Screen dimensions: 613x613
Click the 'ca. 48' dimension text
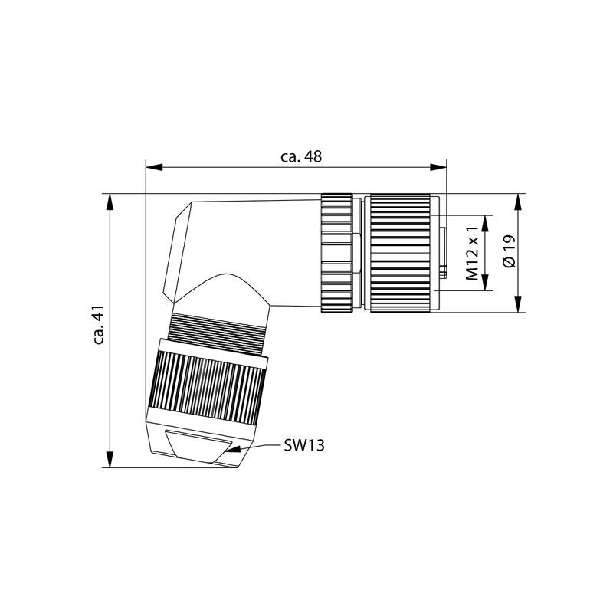pyautogui.click(x=300, y=156)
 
